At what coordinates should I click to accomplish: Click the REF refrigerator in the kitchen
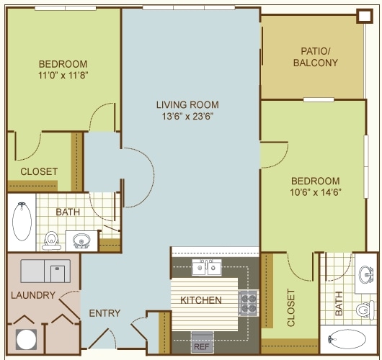coord(202,342)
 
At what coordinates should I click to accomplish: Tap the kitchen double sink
coord(207,268)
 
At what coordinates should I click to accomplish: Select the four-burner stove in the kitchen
coord(249,303)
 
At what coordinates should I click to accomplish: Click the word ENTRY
coord(105,313)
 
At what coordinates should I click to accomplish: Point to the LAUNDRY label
coord(33,295)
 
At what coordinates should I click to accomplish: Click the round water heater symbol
coord(27,340)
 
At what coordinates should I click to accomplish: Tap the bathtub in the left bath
coord(22,222)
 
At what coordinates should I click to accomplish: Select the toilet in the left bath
coord(51,240)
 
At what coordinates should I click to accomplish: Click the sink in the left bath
coord(81,240)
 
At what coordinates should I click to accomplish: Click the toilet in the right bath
coord(365,310)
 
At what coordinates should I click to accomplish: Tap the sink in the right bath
coord(366,275)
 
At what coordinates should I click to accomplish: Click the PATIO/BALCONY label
coord(316,57)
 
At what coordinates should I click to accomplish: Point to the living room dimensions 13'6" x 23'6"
coord(187,117)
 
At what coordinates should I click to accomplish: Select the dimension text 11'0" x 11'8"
coord(63,75)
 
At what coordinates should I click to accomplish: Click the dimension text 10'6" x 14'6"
coord(315,192)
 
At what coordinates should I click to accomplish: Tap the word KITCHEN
coord(201,300)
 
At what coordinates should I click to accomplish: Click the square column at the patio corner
coord(365,16)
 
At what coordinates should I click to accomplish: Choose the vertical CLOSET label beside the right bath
coord(291,307)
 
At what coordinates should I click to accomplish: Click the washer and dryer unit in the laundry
coord(45,271)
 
